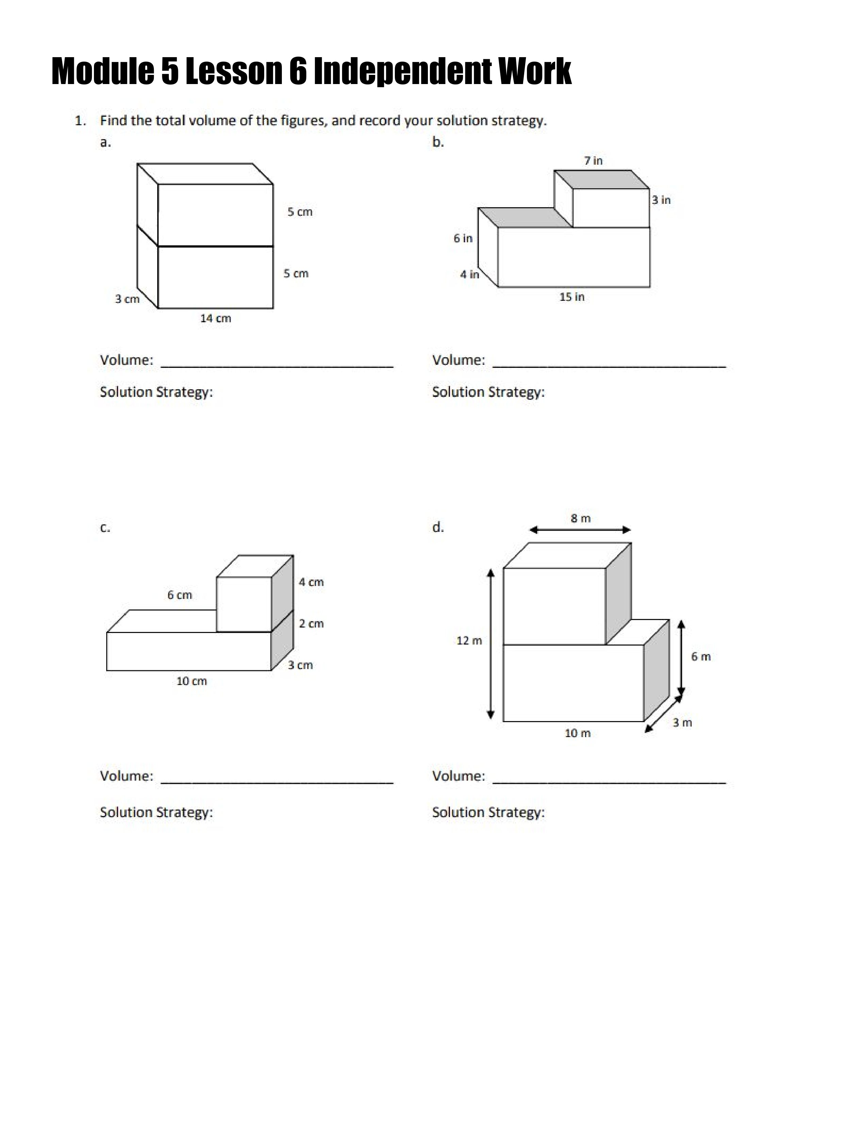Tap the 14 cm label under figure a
click(215, 318)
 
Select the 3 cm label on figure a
click(127, 299)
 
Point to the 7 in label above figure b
click(593, 160)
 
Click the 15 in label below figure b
click(572, 297)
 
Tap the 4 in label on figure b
click(469, 275)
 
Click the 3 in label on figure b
click(661, 200)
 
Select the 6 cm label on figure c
click(179, 595)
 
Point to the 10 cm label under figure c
click(191, 681)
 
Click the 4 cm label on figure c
click(311, 582)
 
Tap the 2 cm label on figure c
click(311, 624)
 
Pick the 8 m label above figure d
click(581, 518)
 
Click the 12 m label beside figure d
click(469, 641)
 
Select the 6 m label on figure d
click(701, 657)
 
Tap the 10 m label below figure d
click(577, 733)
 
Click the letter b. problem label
click(438, 143)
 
